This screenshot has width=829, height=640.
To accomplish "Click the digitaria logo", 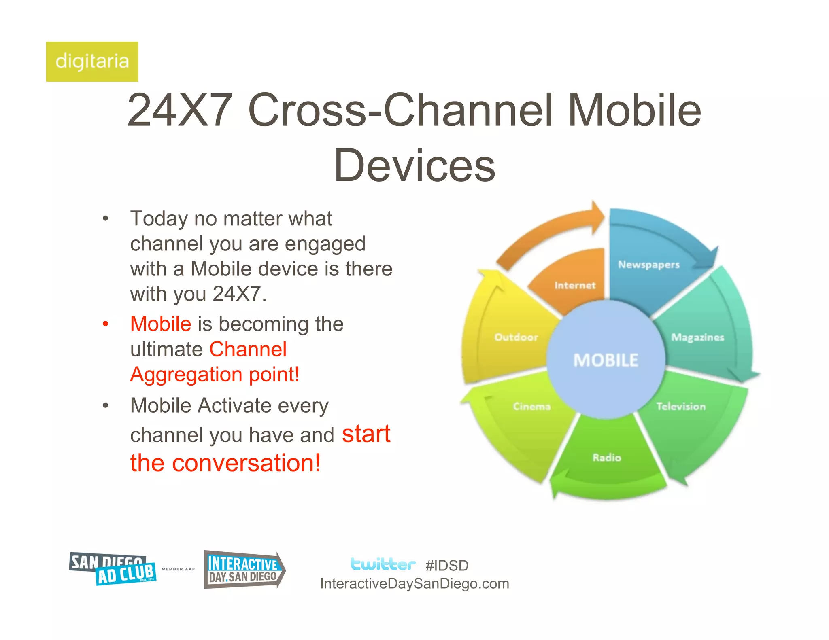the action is point(92,61).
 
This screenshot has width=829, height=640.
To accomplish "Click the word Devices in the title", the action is point(414,165).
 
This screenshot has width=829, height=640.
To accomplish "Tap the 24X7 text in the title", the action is point(180,110).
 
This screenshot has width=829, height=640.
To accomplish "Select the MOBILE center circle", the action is point(606,360).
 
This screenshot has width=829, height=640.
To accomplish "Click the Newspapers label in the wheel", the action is point(648,265).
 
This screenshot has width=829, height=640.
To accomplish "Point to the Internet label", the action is point(575,286).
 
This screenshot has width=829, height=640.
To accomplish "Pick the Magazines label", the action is point(697,337).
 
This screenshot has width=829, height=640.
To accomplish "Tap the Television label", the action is point(681,406).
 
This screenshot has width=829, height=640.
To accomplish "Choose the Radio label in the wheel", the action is point(607,458).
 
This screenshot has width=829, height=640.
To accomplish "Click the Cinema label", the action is point(531,406).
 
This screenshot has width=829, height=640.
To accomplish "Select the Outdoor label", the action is point(516,337).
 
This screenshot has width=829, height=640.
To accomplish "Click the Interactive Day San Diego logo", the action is point(244,570).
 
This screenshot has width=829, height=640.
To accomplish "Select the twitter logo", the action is point(383,564).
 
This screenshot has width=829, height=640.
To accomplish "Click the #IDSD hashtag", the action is point(447,566).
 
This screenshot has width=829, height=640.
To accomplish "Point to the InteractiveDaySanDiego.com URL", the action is point(414,583).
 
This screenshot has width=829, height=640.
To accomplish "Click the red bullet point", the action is point(106,324).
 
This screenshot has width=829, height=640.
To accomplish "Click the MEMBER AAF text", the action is point(178,569).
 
